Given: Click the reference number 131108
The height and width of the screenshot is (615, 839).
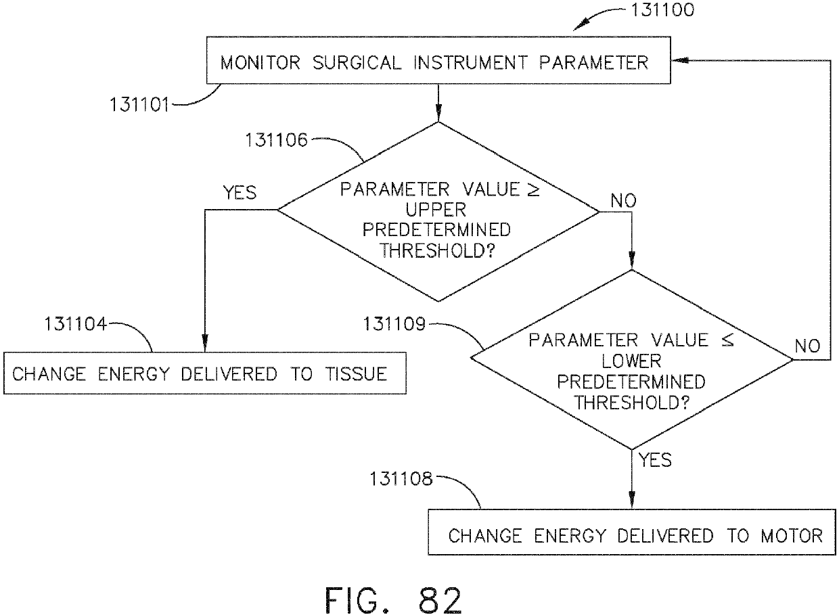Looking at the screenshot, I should point(401,480).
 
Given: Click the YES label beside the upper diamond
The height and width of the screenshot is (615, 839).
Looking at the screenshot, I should point(240,193).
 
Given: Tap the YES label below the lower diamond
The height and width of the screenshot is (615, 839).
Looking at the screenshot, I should point(654,461).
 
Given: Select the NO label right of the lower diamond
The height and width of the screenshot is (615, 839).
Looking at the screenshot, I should point(807,347).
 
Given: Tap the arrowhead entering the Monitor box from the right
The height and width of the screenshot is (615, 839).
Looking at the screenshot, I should point(678,61).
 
